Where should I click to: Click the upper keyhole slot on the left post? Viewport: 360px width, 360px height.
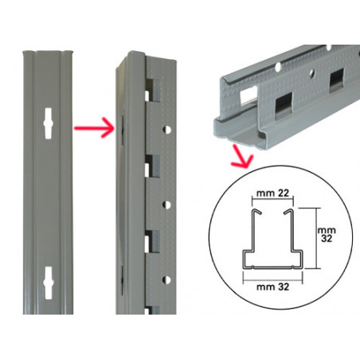point(48,123)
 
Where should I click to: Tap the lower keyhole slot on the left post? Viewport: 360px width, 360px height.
point(49,283)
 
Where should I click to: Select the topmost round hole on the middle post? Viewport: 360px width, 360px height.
point(166,130)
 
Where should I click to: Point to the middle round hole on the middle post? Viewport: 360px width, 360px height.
point(166,205)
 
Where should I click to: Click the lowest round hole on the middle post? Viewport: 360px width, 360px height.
point(166,280)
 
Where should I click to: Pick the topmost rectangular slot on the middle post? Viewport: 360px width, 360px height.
point(152,91)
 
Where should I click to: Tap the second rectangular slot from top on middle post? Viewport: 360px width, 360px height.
point(152,166)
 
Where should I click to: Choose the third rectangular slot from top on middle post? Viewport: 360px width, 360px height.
point(152,241)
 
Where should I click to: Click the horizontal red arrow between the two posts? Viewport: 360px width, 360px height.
point(94,128)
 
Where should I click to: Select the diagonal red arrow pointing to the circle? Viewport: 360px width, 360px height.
point(241,157)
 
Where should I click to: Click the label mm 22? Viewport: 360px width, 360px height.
point(272,193)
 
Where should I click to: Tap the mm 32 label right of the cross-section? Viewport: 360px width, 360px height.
point(327,234)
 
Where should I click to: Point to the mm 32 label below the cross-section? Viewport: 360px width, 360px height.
point(272,287)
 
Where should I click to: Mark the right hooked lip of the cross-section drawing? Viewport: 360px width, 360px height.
point(288,212)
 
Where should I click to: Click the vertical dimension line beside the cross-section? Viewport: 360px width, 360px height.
point(316,238)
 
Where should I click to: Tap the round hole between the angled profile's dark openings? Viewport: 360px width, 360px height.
point(313,72)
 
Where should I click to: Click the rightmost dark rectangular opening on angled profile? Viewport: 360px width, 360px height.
point(337,80)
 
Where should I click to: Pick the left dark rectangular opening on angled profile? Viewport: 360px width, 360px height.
point(284,105)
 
